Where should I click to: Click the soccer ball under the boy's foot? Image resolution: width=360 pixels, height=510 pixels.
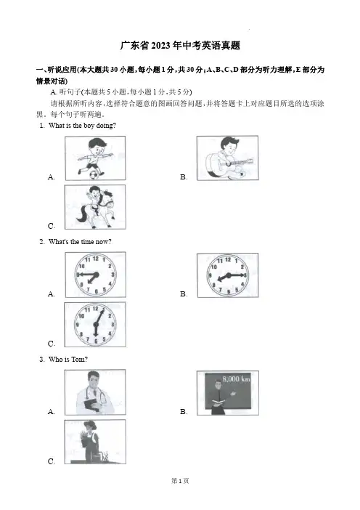tap(94, 175)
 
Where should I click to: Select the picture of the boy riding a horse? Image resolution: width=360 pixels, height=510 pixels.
tap(95, 207)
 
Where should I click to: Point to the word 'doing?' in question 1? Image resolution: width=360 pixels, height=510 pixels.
tap(105, 125)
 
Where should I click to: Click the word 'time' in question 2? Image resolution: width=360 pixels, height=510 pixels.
tap(87, 242)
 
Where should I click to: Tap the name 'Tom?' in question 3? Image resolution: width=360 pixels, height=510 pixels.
tap(79, 360)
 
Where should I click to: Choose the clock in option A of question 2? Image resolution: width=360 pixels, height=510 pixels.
tap(96, 275)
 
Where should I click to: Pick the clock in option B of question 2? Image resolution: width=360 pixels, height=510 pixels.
tap(228, 275)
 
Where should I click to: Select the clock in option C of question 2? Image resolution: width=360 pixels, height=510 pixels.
tap(95, 325)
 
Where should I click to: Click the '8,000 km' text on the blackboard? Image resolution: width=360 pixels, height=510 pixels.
tap(236, 379)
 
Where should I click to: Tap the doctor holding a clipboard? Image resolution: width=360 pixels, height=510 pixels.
tap(94, 392)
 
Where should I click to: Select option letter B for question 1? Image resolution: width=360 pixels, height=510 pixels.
tap(184, 177)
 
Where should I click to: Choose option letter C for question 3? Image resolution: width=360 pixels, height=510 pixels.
tap(52, 461)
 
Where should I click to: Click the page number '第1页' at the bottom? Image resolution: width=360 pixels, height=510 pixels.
tap(180, 481)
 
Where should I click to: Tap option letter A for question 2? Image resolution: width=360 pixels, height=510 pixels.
tap(52, 294)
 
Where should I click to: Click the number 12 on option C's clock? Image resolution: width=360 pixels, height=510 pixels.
tap(96, 309)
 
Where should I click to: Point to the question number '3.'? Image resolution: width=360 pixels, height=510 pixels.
tap(42, 360)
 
